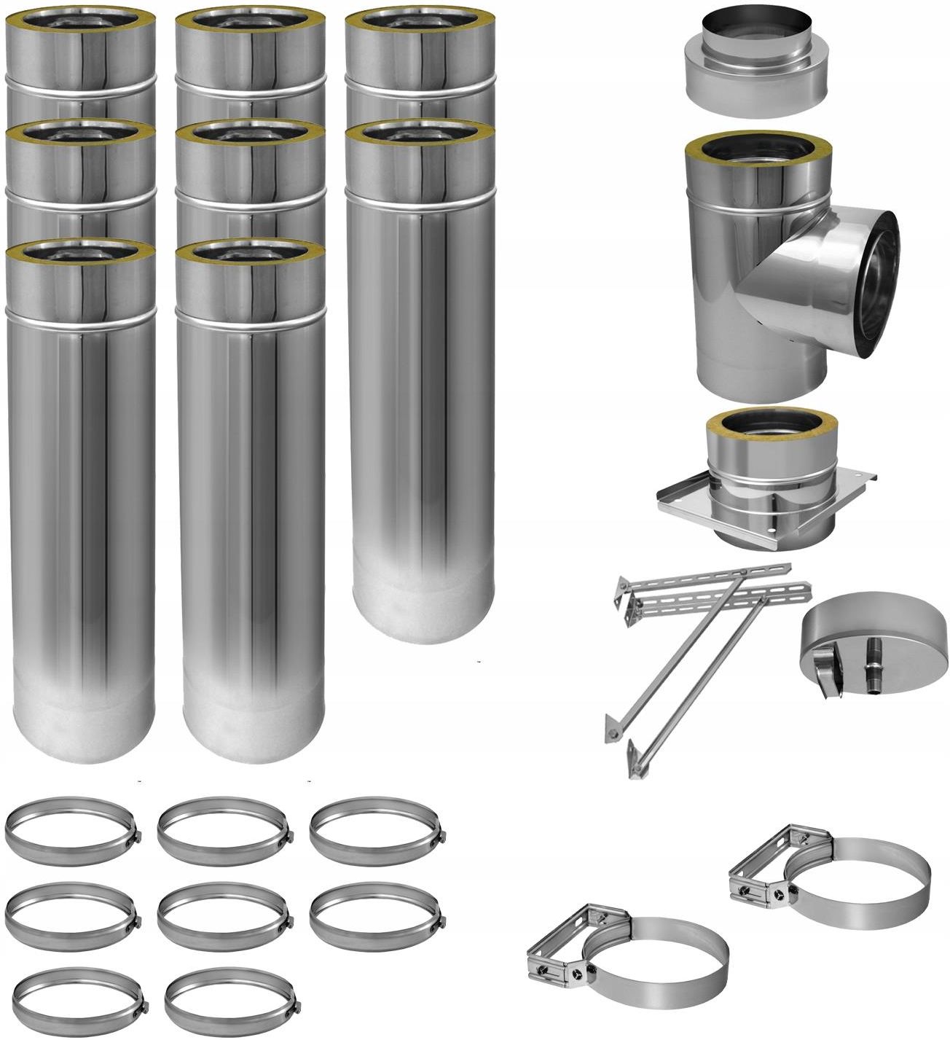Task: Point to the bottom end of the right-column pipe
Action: pos(423,612)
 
